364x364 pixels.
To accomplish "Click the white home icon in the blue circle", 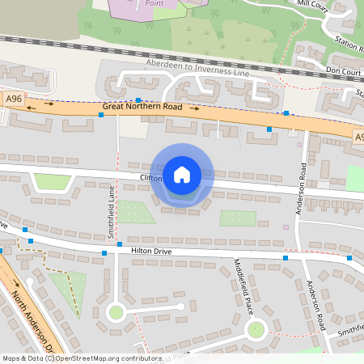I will [x=182, y=174].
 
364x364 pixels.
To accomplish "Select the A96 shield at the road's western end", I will [x=13, y=98].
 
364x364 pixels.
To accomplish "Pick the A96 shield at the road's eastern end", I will [x=359, y=139].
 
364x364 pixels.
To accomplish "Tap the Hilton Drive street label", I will [x=152, y=252].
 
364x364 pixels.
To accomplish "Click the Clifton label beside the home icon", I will [x=151, y=177].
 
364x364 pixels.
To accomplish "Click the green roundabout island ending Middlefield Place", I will [x=256, y=329].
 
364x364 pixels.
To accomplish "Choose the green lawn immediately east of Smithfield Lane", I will [x=135, y=212].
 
